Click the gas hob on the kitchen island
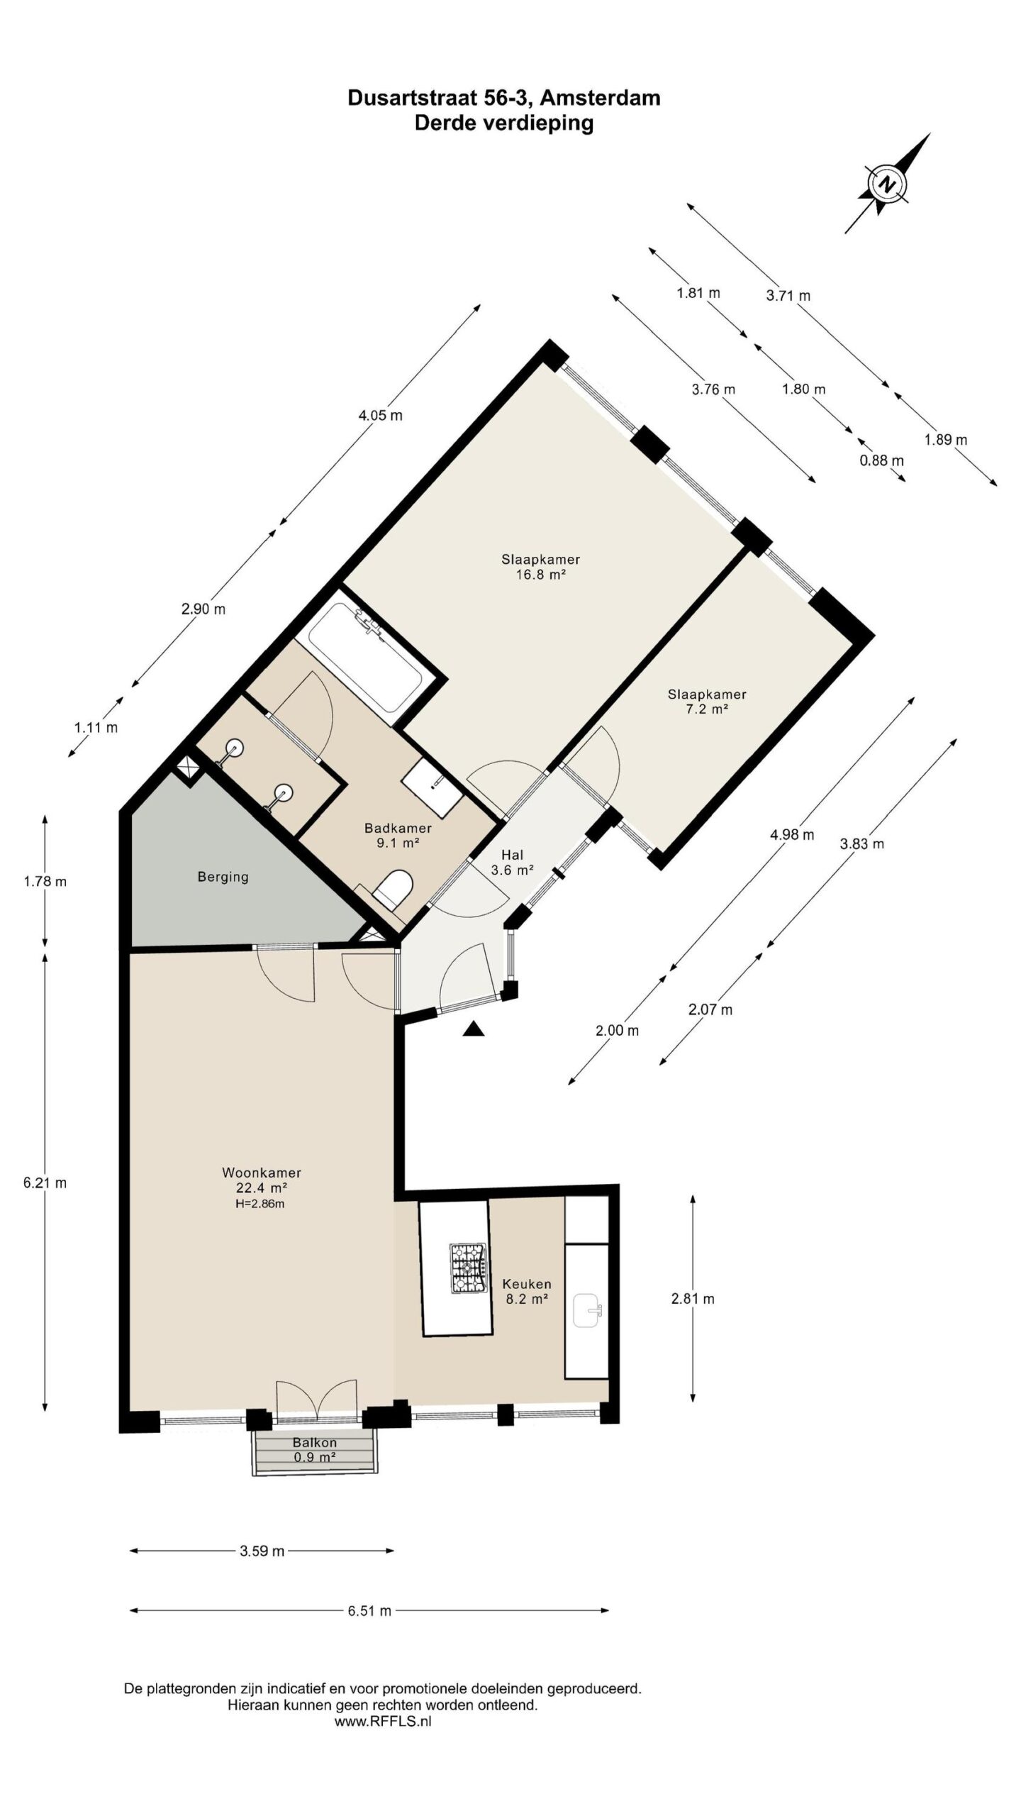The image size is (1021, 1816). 467,1268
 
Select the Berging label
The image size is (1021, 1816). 223,877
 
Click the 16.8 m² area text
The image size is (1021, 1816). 540,575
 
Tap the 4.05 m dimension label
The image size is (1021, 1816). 381,415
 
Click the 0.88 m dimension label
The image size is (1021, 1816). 882,460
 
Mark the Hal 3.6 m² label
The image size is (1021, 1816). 512,863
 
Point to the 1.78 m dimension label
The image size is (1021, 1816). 45,882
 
